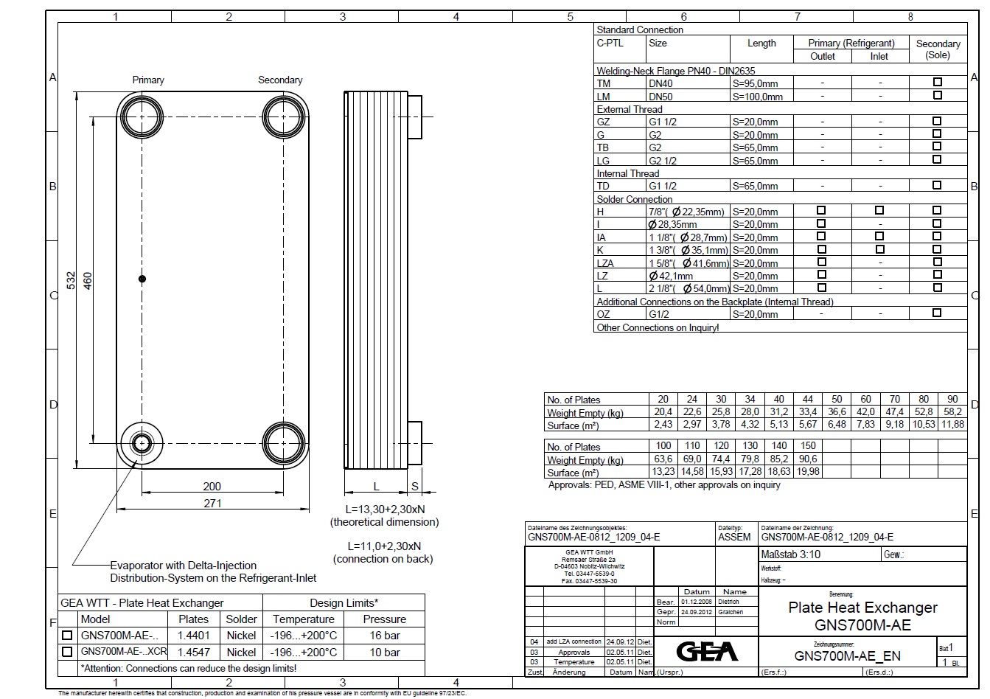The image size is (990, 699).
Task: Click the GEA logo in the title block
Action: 707,651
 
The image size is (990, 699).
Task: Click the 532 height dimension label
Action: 72,280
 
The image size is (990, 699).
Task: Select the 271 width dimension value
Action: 212,503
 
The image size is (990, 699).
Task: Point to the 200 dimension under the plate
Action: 212,486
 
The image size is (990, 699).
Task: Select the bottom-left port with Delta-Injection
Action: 141,442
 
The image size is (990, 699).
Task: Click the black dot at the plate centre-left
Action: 142,279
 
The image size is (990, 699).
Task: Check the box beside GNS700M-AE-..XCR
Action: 68,652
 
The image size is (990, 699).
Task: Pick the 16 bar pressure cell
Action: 385,635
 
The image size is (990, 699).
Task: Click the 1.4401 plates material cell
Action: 194,635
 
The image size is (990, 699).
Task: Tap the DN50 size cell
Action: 660,96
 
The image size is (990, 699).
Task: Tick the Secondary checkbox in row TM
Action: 938,82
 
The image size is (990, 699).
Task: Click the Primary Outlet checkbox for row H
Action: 822,211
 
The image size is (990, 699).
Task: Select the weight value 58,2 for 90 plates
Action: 952,411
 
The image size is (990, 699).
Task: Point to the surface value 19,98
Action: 808,472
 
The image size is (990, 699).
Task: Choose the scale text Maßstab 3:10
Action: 790,554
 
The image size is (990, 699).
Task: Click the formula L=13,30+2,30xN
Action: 385,509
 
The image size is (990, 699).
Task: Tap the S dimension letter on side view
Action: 415,486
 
